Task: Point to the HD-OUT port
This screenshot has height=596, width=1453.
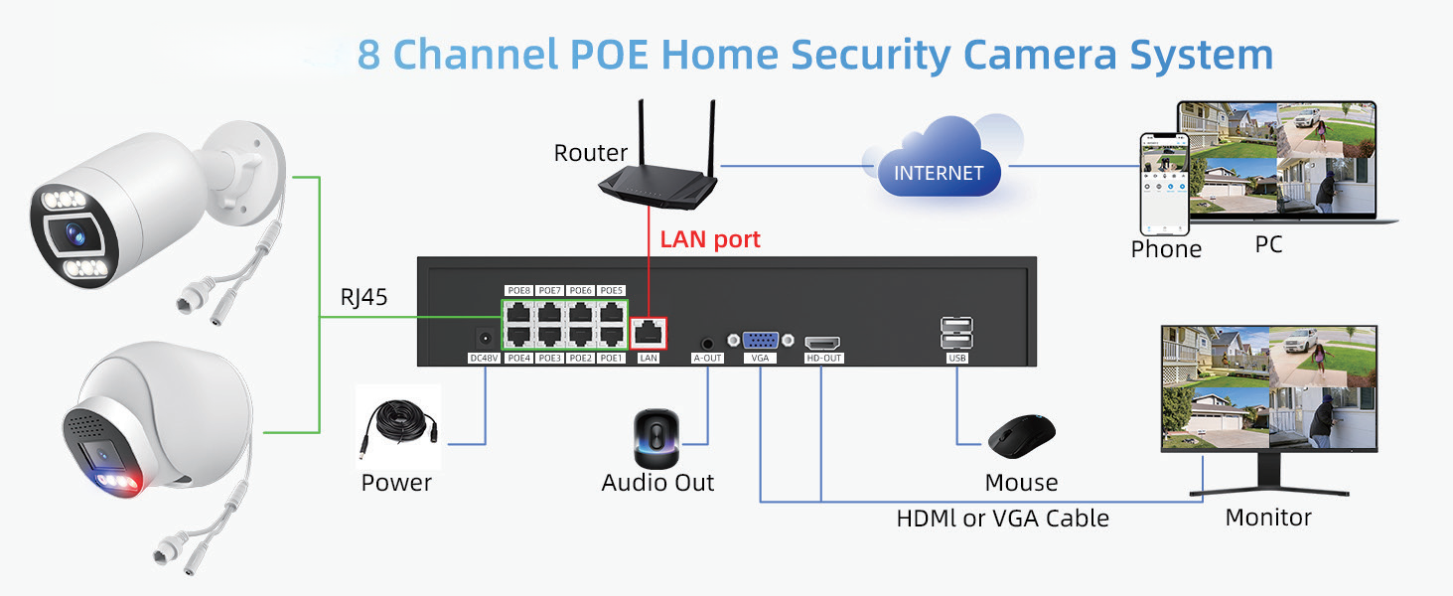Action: [822, 340]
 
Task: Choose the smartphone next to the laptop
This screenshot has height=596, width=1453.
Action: [1163, 183]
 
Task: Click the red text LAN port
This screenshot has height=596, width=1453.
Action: [710, 239]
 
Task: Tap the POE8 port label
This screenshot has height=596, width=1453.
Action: [518, 290]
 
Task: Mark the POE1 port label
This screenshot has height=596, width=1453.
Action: [611, 358]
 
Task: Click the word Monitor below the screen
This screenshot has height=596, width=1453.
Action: [1268, 518]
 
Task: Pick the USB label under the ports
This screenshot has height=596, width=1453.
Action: [956, 358]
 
